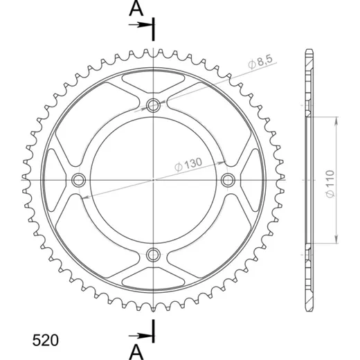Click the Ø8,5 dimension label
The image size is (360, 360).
click(x=260, y=62)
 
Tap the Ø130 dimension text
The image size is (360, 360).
click(x=188, y=164)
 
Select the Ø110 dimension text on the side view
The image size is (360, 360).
click(x=330, y=183)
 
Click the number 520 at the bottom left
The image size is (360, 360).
click(x=46, y=340)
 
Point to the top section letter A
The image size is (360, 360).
click(x=136, y=9)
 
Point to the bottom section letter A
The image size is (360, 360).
click(x=136, y=352)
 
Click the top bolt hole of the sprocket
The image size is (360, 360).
click(x=153, y=105)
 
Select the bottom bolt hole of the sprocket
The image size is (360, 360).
click(x=153, y=255)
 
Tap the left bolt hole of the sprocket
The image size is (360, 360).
click(x=78, y=180)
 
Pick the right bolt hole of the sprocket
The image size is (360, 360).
click(x=228, y=180)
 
